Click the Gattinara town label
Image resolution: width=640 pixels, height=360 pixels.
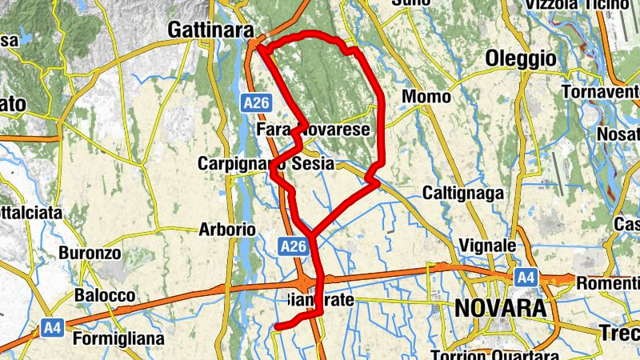[210, 30]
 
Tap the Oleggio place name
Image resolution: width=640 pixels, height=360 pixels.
[521, 58]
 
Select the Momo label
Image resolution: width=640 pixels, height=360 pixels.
[421, 97]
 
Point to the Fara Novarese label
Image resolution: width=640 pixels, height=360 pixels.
[314, 130]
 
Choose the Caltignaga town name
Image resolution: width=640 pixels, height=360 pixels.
[463, 194]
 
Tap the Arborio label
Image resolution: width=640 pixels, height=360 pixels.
[227, 230]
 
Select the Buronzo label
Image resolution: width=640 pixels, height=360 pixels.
[90, 254]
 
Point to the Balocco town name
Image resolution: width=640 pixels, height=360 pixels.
[105, 295]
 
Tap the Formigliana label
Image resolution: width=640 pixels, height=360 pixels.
[118, 339]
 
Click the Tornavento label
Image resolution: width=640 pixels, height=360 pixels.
[599, 93]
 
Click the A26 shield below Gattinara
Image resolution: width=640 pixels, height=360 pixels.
[257, 102]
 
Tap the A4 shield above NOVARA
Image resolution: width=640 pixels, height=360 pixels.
[525, 277]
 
